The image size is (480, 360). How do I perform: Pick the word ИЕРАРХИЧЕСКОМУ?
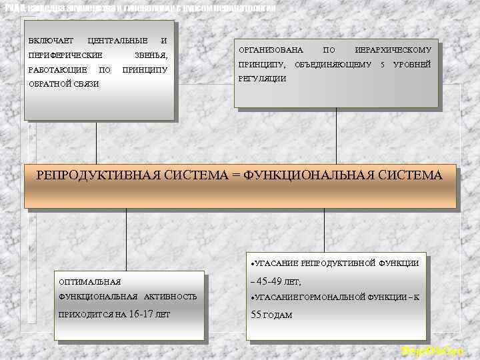[x=393, y=51]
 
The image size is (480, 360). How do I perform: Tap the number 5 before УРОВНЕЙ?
[x=383, y=65]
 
